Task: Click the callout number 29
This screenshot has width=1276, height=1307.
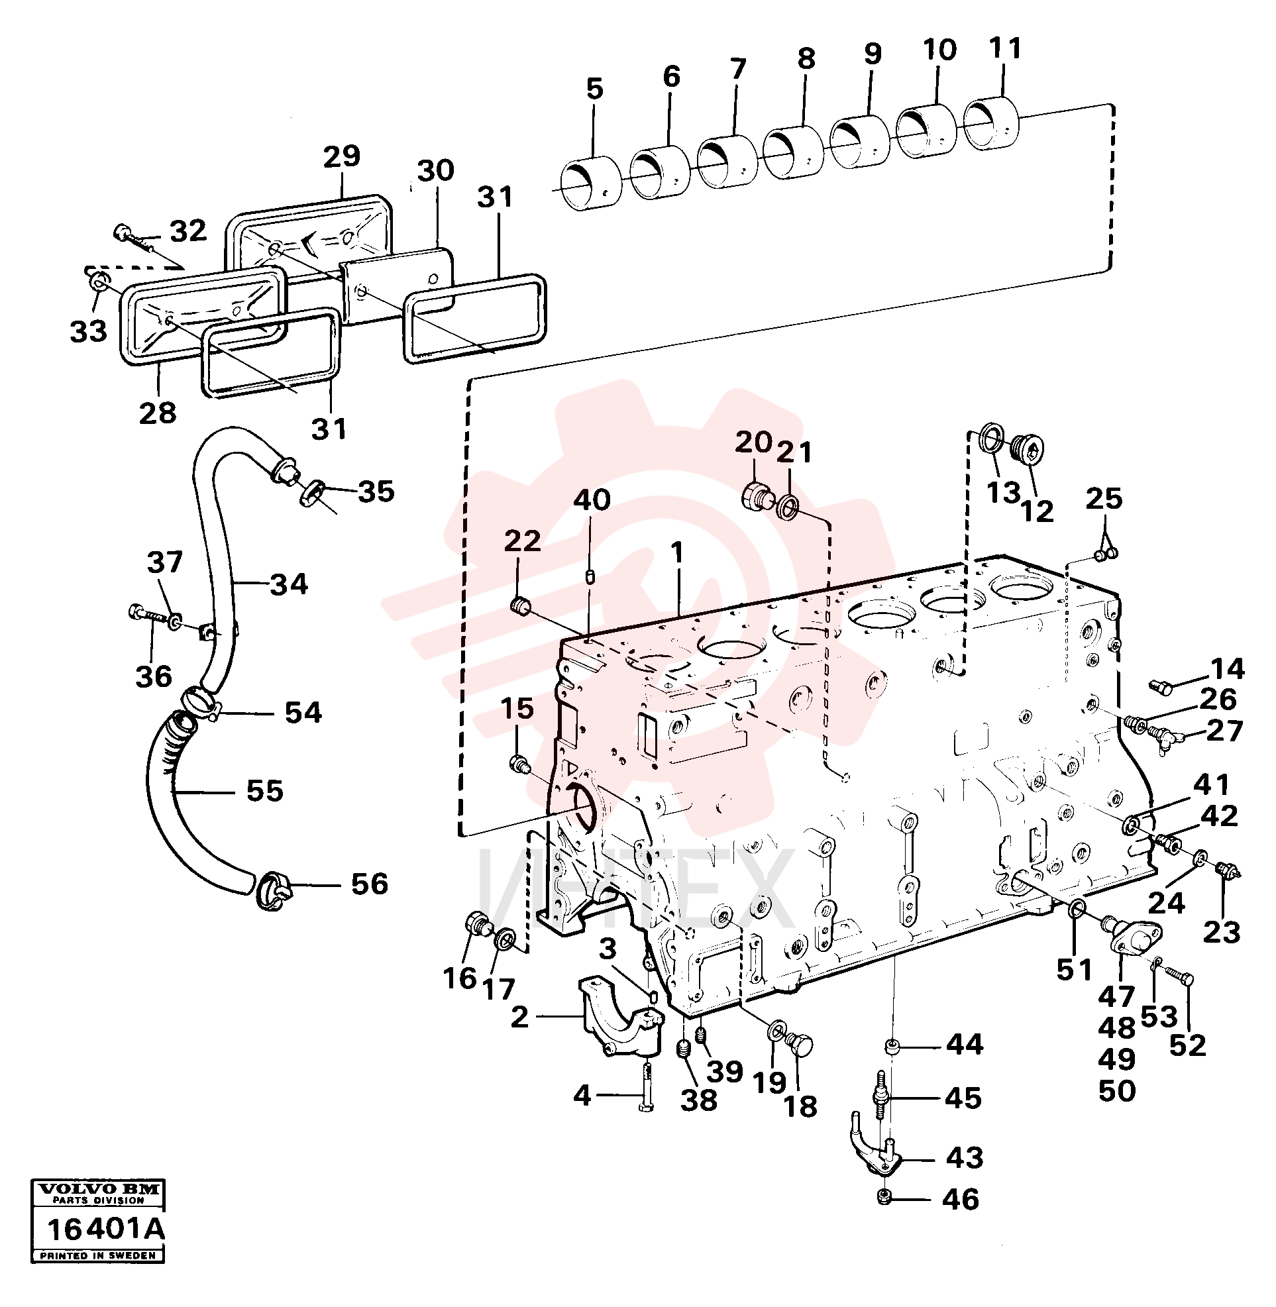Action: coord(342,156)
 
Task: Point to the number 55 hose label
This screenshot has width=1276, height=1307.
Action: coord(265,791)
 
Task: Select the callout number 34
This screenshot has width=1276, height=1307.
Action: coord(289,584)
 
